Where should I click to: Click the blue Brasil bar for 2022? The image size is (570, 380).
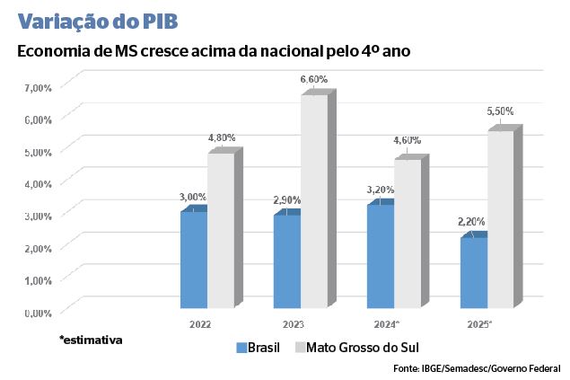(x=193, y=261)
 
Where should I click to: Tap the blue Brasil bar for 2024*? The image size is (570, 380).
(x=380, y=258)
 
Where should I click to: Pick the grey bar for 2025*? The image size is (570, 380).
(x=500, y=220)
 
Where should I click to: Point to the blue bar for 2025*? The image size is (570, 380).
(x=473, y=273)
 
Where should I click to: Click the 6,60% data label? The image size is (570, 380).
(x=313, y=80)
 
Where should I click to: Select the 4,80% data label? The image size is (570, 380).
(x=221, y=137)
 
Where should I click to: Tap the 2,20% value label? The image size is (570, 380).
(x=472, y=221)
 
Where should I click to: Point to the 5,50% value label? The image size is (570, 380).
(x=500, y=111)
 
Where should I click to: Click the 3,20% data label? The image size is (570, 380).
(x=380, y=190)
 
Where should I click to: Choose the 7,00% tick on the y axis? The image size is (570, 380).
(x=39, y=87)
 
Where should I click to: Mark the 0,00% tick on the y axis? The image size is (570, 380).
(x=39, y=312)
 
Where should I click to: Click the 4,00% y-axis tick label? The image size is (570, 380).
(x=39, y=183)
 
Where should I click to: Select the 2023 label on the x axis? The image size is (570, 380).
(x=293, y=323)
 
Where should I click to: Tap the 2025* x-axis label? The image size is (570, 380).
(x=478, y=323)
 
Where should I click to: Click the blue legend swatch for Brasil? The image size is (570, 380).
(x=241, y=348)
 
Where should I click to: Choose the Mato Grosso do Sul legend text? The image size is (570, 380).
(x=363, y=348)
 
